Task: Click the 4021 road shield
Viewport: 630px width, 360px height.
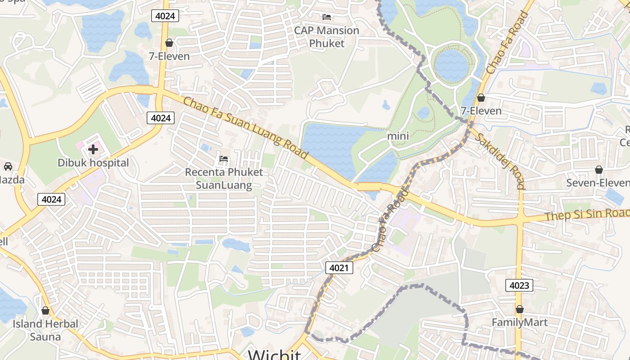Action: click(339, 268)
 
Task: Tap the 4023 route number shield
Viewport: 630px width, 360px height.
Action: click(519, 285)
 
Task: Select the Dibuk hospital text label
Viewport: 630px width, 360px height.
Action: click(93, 163)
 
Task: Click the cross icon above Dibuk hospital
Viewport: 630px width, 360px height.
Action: click(93, 149)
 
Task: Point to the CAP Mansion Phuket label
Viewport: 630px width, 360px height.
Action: click(327, 37)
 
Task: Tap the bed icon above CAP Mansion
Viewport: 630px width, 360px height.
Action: click(327, 17)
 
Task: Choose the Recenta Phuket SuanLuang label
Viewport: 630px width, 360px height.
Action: click(224, 179)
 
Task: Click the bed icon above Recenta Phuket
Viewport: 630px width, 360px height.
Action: click(224, 158)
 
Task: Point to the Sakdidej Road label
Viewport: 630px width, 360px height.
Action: click(500, 161)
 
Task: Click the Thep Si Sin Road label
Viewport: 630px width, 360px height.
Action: click(587, 215)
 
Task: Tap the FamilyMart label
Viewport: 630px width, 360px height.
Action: click(519, 323)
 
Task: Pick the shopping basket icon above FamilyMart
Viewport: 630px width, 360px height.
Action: click(520, 309)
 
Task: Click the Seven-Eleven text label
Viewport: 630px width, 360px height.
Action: click(598, 183)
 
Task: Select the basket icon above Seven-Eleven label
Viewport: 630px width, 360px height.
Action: click(599, 170)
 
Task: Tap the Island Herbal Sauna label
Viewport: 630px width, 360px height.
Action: click(45, 330)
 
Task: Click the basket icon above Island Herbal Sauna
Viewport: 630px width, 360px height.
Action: click(45, 310)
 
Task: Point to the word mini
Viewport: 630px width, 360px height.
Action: click(398, 136)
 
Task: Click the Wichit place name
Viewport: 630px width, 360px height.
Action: click(274, 355)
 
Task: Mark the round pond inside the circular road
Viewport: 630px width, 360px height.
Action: click(451, 65)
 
